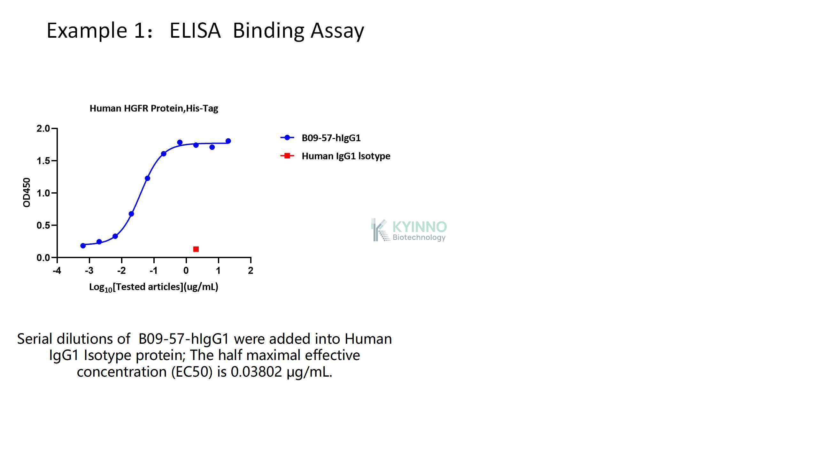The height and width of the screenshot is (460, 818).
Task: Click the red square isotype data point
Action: (196, 249)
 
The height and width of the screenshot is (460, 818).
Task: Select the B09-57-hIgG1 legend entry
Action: (320, 138)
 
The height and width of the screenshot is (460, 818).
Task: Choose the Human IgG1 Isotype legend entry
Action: (335, 156)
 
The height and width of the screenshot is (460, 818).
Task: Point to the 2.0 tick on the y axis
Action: (43, 128)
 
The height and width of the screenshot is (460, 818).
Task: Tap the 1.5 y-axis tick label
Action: (43, 161)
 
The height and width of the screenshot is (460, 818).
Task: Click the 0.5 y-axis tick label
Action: (43, 225)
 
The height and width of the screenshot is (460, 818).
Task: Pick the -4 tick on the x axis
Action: (57, 271)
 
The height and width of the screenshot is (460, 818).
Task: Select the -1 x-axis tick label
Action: (153, 271)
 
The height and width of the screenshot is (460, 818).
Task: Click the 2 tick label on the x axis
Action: (251, 271)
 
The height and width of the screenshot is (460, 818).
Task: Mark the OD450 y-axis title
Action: (27, 193)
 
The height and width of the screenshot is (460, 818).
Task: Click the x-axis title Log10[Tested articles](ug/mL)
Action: (154, 287)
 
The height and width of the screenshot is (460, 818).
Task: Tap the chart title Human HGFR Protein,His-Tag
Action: (154, 108)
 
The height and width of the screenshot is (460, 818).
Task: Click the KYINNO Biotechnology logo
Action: (409, 230)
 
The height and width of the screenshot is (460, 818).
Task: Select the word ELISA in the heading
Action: (195, 31)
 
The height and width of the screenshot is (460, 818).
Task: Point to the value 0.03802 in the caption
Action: (256, 372)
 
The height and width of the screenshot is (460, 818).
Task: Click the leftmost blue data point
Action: (83, 246)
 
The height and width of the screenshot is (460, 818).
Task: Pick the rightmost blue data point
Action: (228, 141)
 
